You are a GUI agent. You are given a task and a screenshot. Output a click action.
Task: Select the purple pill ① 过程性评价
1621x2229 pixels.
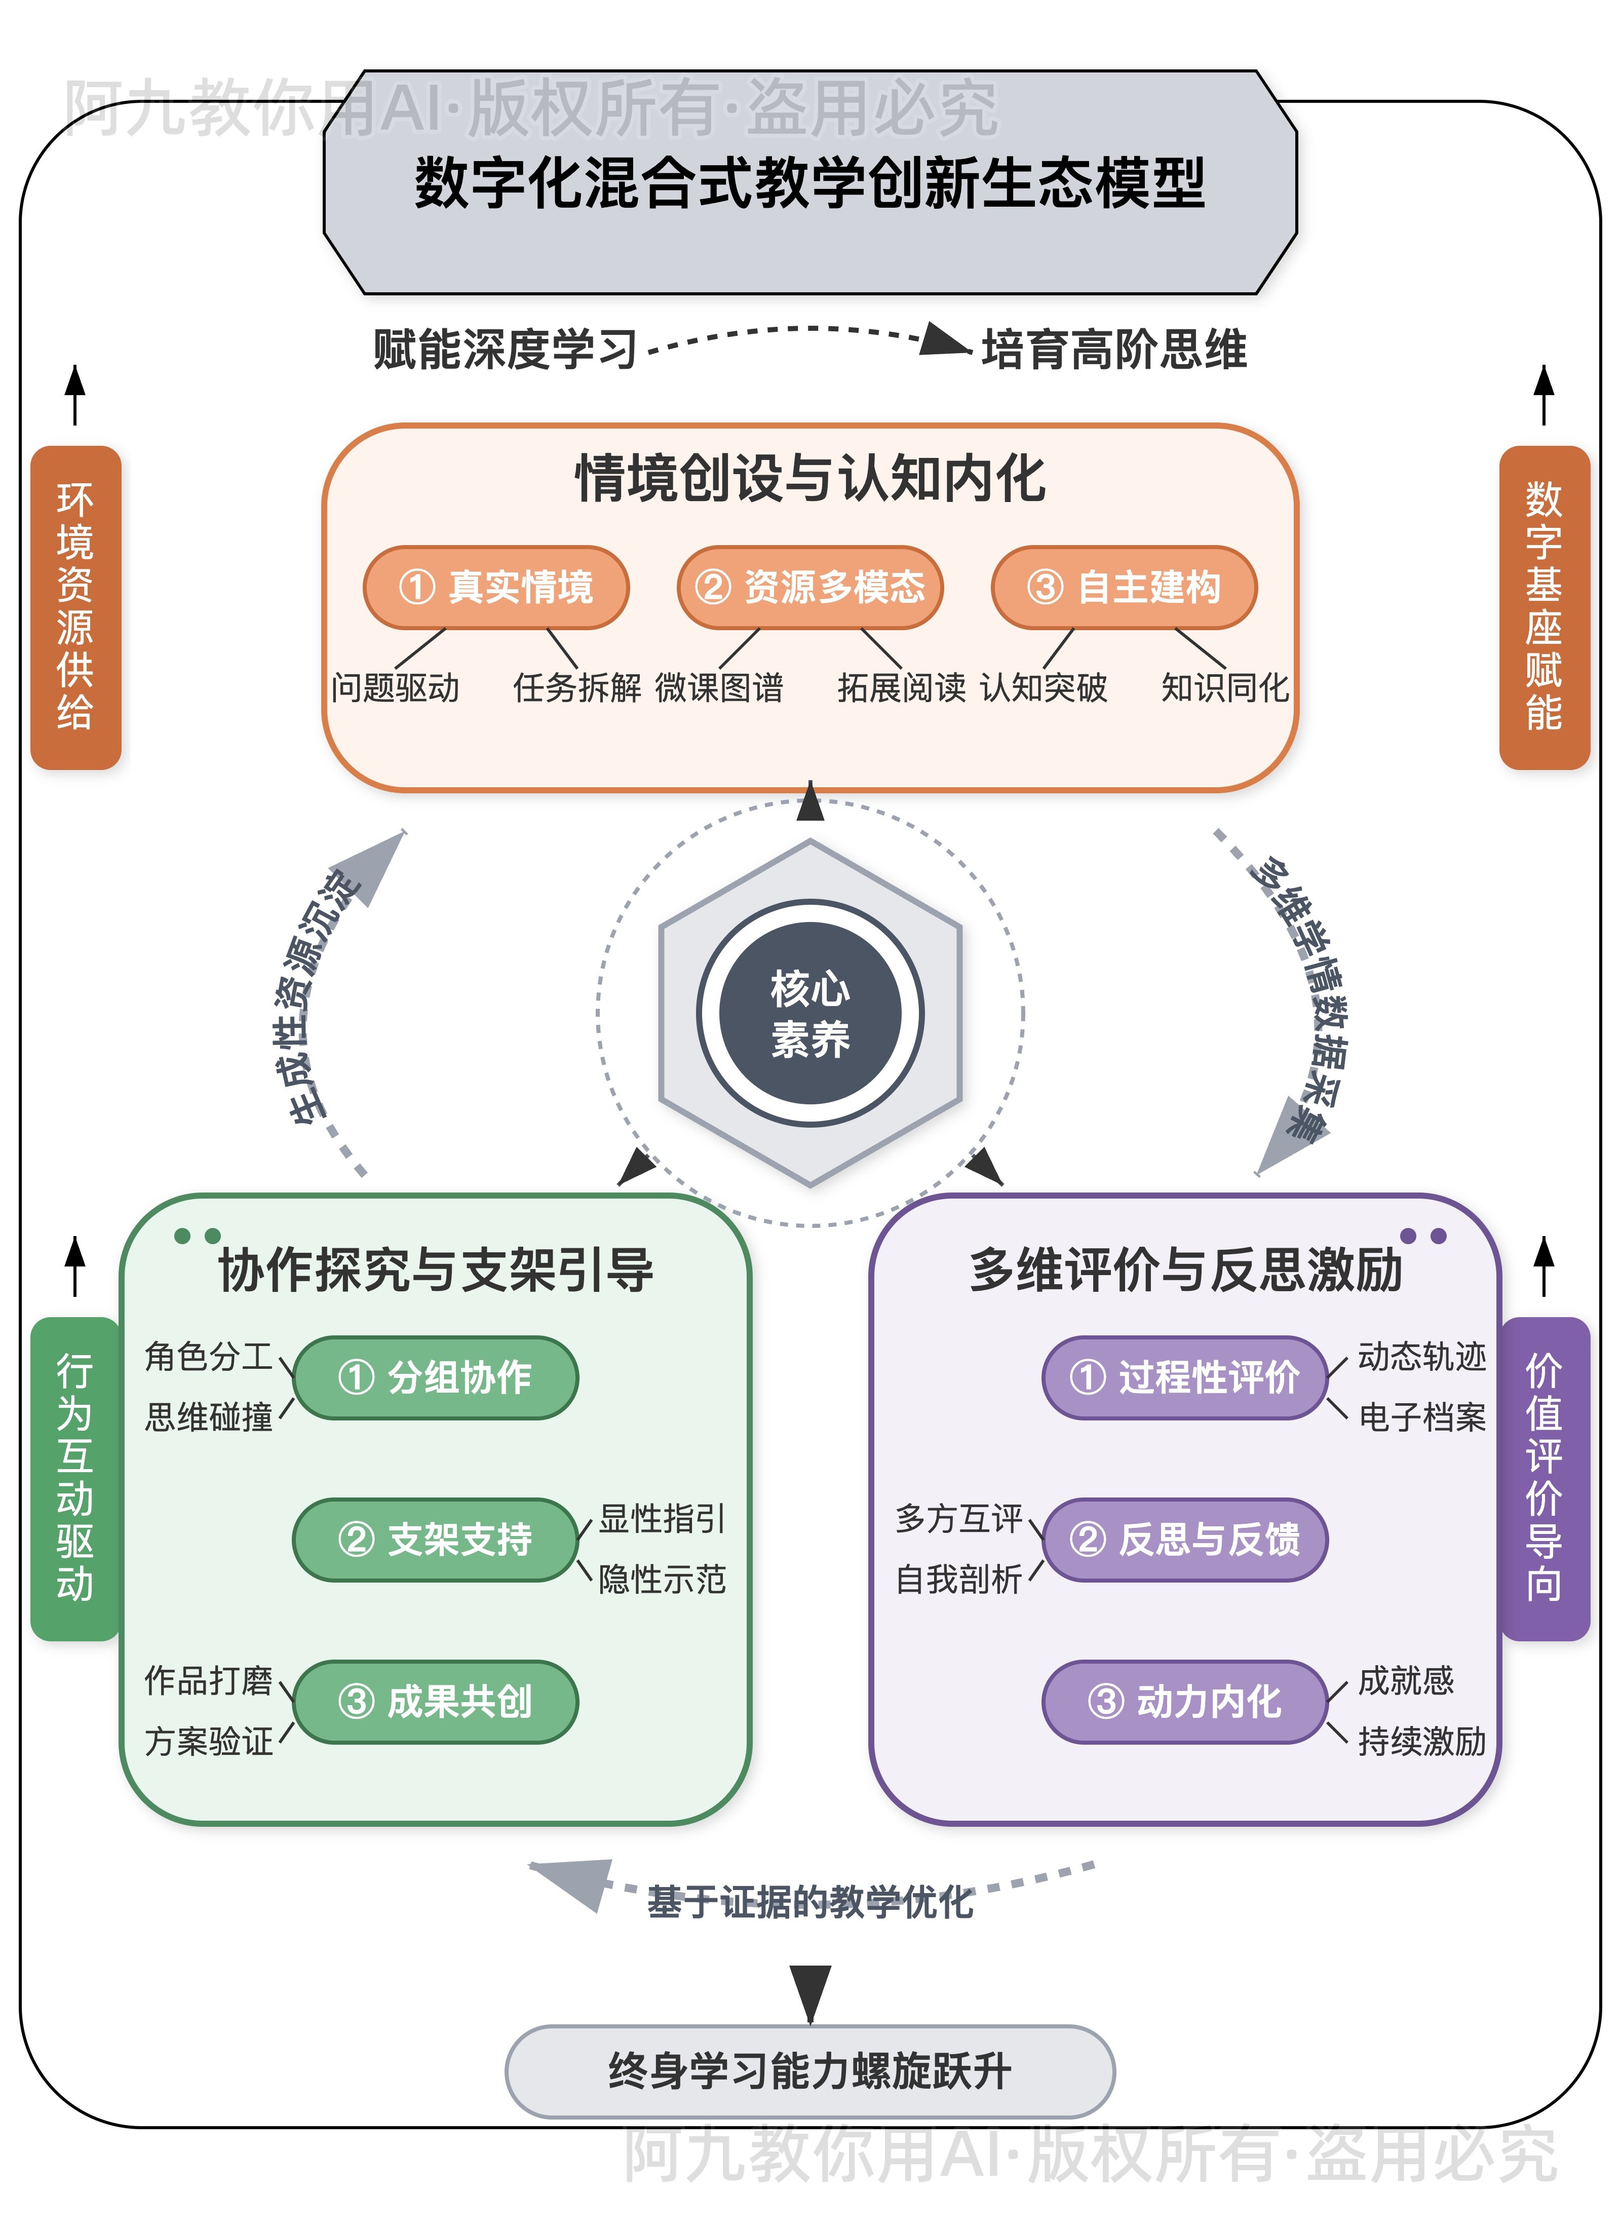(x=1184, y=1377)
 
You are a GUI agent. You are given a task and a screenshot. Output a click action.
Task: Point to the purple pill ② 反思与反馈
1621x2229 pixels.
(x=1184, y=1539)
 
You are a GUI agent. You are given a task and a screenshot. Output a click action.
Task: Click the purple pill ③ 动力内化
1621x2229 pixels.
(x=1184, y=1701)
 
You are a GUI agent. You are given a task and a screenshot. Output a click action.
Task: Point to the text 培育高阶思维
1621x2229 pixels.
(x=1114, y=350)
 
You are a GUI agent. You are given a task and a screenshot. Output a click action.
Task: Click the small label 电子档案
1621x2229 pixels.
(x=1421, y=1417)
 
